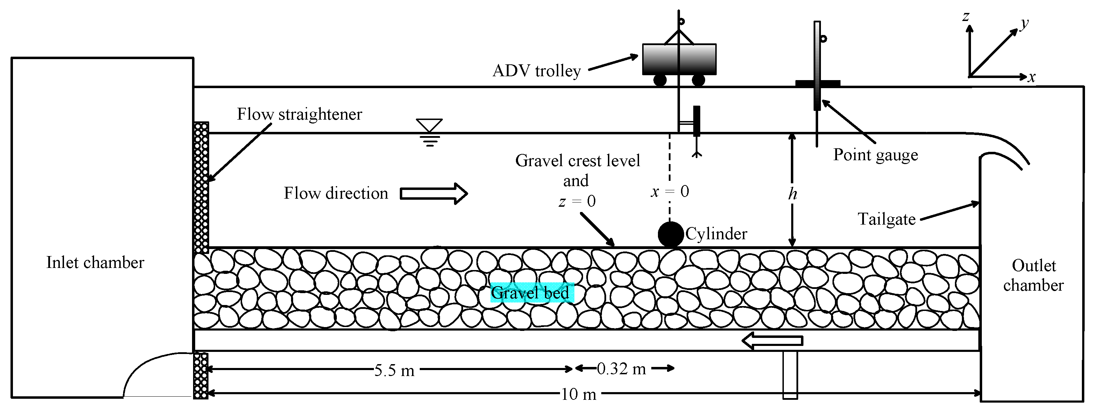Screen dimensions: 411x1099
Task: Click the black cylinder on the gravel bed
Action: click(671, 234)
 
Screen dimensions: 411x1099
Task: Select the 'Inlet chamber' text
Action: click(95, 262)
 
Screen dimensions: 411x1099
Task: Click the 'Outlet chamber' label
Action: click(1033, 275)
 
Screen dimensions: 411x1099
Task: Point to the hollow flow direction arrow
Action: click(433, 194)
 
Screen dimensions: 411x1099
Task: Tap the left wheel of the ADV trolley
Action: click(660, 80)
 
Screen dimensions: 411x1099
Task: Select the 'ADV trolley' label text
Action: click(536, 71)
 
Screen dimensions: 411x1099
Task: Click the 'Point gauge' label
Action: click(875, 155)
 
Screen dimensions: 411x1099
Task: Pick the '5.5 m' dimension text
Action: click(394, 370)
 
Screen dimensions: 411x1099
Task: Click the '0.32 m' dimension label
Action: click(621, 369)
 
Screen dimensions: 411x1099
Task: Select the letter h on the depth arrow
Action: click(792, 194)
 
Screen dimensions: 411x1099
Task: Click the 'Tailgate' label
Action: click(887, 219)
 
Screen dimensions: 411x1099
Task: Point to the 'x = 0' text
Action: click(669, 192)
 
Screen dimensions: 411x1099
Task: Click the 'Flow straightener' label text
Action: click(299, 114)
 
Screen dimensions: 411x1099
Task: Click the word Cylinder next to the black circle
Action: click(716, 234)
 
